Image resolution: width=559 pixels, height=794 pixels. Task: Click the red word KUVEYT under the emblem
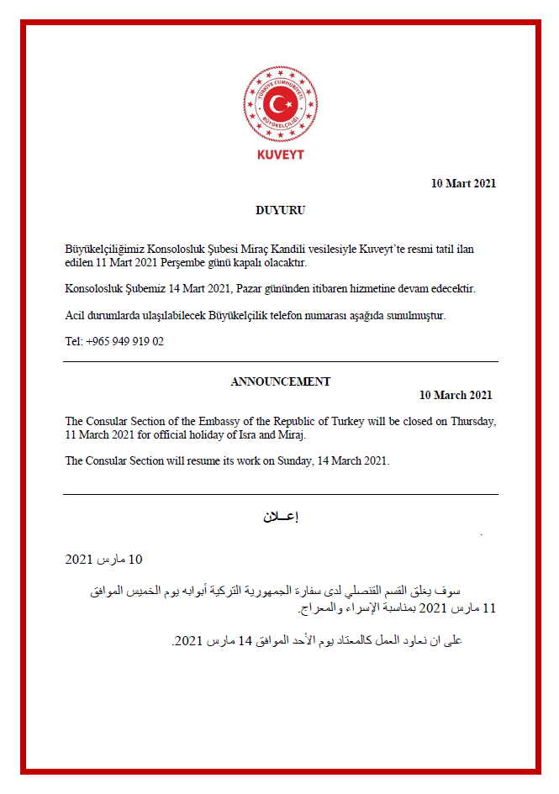coord(280,155)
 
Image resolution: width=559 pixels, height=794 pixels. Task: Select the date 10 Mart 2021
coord(463,183)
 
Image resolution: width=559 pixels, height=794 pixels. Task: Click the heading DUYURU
coord(280,210)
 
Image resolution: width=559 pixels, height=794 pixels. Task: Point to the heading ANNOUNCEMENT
coord(280,381)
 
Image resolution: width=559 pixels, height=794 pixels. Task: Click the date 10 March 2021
coord(456,395)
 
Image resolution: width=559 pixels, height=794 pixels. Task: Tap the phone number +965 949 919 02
coord(125,341)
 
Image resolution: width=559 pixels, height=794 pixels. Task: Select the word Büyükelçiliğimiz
coord(105,250)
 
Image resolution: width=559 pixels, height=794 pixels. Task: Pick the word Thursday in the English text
coord(472,421)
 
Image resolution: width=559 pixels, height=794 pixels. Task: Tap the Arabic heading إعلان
coord(280,517)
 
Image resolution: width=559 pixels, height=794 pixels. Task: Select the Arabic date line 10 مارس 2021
coord(104,560)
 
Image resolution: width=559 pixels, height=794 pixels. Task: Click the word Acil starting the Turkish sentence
coord(75,315)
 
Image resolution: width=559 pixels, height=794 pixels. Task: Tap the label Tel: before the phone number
coord(74,341)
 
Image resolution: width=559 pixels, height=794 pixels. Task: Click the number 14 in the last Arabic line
coord(245,641)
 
